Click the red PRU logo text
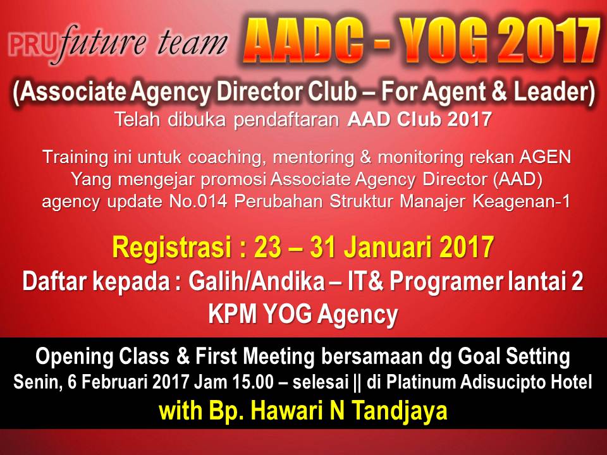[31, 45]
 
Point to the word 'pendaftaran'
[286, 120]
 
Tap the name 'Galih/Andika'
[257, 281]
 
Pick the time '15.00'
[253, 382]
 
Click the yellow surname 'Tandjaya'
[400, 411]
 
